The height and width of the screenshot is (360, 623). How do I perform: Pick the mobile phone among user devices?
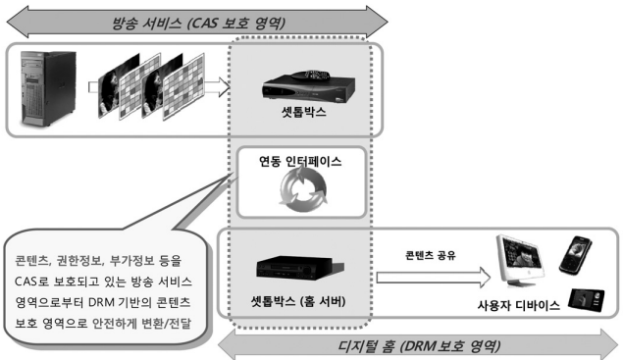click(x=573, y=253)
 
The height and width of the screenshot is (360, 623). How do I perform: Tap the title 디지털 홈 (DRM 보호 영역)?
click(x=422, y=345)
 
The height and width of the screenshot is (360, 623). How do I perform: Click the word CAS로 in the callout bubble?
click(x=34, y=283)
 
